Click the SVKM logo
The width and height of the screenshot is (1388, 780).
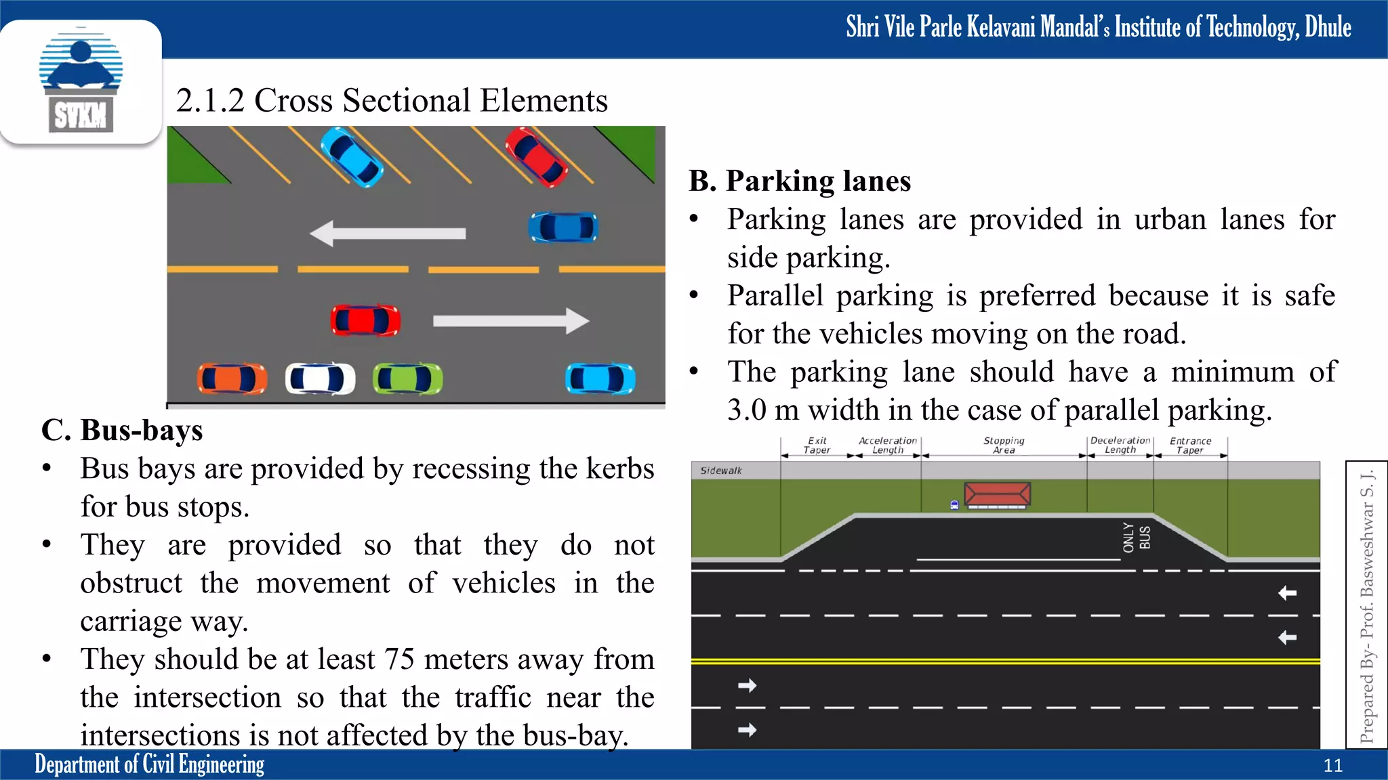81,82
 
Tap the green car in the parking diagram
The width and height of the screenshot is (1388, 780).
407,378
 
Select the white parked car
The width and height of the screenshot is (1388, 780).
320,378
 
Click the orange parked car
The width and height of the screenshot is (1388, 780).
232,378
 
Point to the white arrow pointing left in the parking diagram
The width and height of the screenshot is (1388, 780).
388,234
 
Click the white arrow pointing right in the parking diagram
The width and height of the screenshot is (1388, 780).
511,320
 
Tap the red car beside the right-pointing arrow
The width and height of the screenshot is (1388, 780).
365,320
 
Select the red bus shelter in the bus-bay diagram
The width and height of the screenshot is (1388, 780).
997,494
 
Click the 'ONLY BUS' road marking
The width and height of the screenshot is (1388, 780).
1136,538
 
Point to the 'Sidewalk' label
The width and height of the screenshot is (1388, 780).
721,471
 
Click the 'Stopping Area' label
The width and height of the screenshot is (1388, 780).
1004,446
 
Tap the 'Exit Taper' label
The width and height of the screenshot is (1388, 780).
817,446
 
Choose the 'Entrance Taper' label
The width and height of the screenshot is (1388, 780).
1190,446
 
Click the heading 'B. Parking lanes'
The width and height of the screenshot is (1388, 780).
800,181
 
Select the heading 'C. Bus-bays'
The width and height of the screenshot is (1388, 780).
122,431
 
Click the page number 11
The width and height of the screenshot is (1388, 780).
1332,766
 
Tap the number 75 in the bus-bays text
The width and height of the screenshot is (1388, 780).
399,659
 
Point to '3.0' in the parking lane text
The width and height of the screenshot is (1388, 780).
746,410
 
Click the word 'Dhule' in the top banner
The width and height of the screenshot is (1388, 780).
1328,28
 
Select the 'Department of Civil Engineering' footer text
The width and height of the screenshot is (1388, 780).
149,764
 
